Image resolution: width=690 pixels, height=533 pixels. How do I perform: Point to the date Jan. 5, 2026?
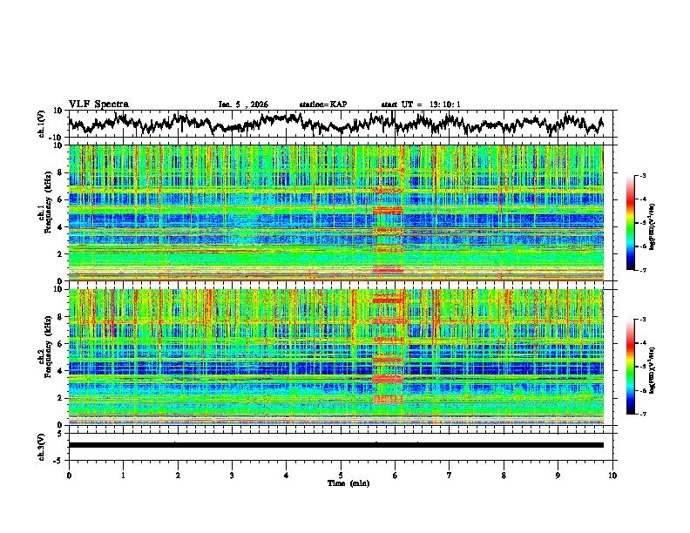coord(243,105)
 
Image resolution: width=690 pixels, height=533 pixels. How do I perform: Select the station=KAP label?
coord(323,105)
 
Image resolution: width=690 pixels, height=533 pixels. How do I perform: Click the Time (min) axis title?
coord(341,482)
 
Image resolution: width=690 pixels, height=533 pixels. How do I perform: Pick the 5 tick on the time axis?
coord(341,474)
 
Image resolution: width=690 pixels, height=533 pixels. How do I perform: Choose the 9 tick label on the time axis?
coord(558,474)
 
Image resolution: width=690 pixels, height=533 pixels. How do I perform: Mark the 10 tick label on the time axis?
coord(612,474)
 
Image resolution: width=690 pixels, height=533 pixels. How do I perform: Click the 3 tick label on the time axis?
coord(232,474)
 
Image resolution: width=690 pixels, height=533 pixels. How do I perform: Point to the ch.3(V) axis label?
coord(42,445)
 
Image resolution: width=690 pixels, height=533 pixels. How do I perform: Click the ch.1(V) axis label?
coord(42,124)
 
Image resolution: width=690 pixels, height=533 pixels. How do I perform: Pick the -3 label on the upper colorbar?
coord(643,176)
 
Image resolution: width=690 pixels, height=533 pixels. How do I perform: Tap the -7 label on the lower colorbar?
coord(643,415)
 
